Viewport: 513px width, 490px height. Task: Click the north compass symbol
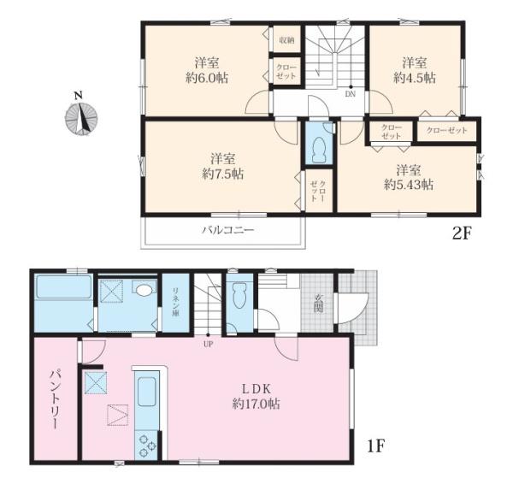(x=81, y=118)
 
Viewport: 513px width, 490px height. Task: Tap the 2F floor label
(x=463, y=233)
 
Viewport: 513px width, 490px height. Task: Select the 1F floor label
(x=375, y=446)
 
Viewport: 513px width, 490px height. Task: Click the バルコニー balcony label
(x=227, y=230)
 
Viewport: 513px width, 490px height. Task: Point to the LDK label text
(x=256, y=389)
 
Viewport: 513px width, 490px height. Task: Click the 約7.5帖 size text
(x=223, y=174)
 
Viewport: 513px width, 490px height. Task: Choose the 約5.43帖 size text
(x=409, y=186)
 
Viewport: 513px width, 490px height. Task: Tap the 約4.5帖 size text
(x=415, y=78)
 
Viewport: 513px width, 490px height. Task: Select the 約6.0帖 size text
(x=208, y=78)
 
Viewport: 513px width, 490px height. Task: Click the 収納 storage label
(x=286, y=40)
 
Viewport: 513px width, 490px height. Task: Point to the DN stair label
(x=350, y=94)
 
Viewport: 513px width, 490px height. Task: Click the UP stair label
(x=208, y=345)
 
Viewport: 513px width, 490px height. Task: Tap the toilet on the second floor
(x=319, y=150)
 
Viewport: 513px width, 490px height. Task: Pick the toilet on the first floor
(x=239, y=295)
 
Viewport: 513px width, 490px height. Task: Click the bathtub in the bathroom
(x=64, y=287)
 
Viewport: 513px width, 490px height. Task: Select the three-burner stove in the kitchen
(x=146, y=446)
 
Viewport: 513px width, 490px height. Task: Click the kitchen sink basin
(x=146, y=392)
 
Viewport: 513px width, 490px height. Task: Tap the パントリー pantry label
(x=55, y=399)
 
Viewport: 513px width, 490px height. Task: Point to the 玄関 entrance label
(x=318, y=304)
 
